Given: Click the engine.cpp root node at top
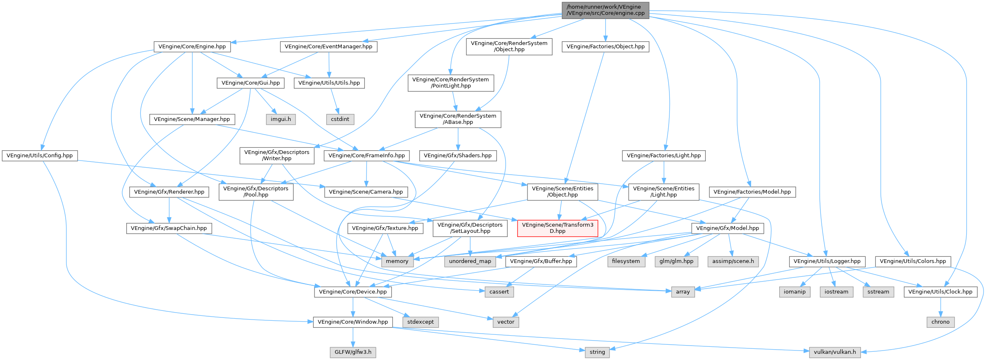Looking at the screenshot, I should (x=605, y=10).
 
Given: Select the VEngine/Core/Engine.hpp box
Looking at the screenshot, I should (x=192, y=47).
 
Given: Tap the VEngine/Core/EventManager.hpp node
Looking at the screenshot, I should (x=329, y=47).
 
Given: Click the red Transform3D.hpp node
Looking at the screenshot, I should (x=558, y=228).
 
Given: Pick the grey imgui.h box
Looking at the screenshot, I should (x=281, y=119).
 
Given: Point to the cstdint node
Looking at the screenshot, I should (x=340, y=119).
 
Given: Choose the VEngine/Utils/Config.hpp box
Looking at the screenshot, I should (x=40, y=156).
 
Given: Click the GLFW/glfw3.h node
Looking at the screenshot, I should (x=353, y=352).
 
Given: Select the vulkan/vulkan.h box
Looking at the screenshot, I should (x=835, y=352).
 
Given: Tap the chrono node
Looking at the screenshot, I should (x=940, y=322).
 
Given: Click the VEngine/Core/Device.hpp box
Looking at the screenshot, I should (x=353, y=292).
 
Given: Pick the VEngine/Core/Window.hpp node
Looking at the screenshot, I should (x=353, y=322).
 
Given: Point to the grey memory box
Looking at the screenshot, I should (x=397, y=261).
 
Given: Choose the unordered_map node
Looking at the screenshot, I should (x=470, y=261).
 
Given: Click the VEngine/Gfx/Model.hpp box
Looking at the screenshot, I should (x=728, y=228).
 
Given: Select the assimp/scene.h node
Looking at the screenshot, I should (x=733, y=261).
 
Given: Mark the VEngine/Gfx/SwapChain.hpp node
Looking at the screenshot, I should (x=169, y=228).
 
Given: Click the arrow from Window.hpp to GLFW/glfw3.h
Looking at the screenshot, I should (x=353, y=337).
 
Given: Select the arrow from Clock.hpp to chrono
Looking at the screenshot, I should (x=940, y=307).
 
